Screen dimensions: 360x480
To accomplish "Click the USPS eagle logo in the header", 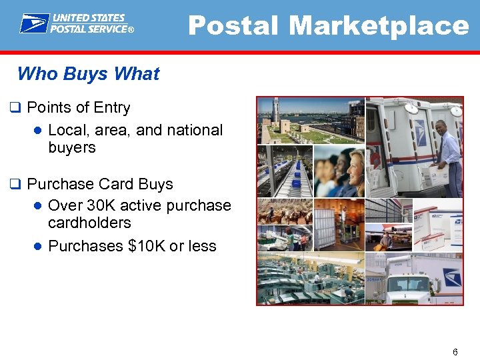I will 33,23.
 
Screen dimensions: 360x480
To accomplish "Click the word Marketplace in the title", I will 379,26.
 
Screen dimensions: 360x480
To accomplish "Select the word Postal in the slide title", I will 235,26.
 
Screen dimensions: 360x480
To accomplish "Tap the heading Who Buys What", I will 88,73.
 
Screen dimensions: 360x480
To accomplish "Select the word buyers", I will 72,147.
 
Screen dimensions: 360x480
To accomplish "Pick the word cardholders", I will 89,223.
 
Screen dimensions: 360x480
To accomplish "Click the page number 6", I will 455,351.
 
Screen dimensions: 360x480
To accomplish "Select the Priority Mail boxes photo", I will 437,227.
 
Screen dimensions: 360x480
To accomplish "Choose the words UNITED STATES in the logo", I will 88,19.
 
